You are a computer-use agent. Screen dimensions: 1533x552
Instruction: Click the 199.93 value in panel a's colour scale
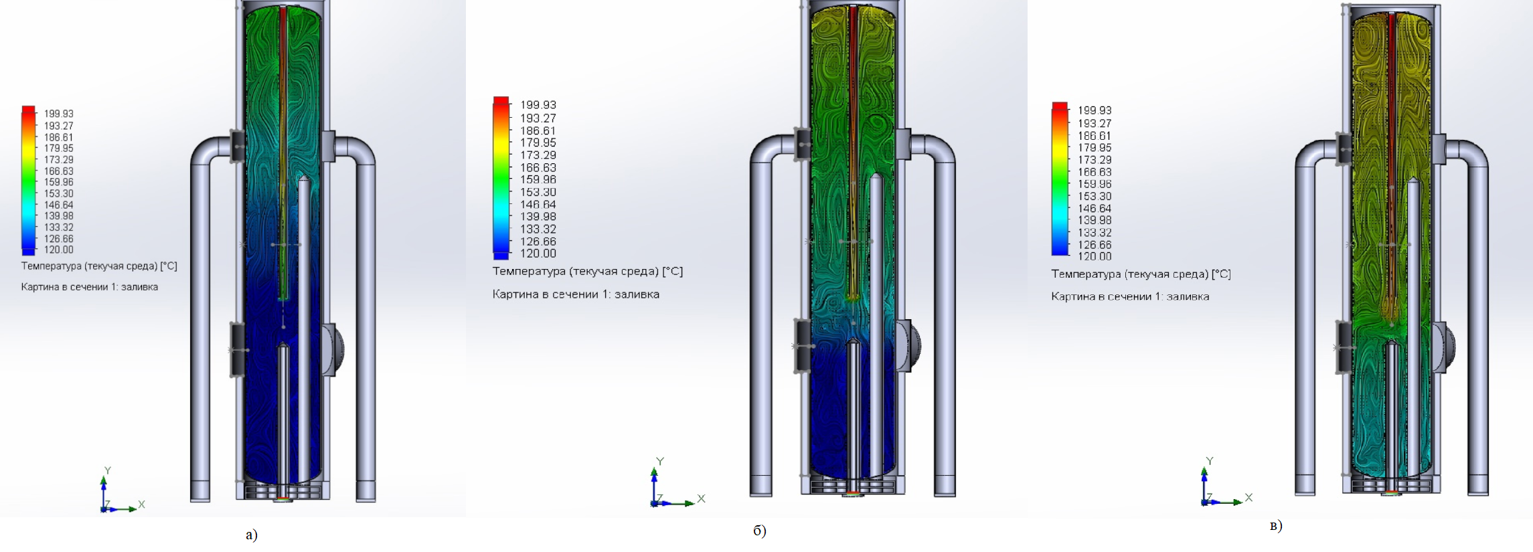tap(59, 114)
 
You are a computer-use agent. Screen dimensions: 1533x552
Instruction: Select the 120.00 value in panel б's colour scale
tap(538, 254)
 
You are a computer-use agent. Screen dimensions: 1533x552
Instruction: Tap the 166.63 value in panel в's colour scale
tap(1095, 172)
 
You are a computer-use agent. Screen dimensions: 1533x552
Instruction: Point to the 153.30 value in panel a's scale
tap(59, 193)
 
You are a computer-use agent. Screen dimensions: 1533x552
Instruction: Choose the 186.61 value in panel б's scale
tap(538, 130)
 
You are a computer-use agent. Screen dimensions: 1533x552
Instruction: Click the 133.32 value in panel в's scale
tap(1095, 233)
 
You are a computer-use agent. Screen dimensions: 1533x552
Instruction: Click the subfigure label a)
tap(252, 534)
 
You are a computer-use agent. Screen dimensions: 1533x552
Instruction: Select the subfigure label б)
tap(760, 531)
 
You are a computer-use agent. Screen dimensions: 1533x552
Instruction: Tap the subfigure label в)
tap(1276, 526)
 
